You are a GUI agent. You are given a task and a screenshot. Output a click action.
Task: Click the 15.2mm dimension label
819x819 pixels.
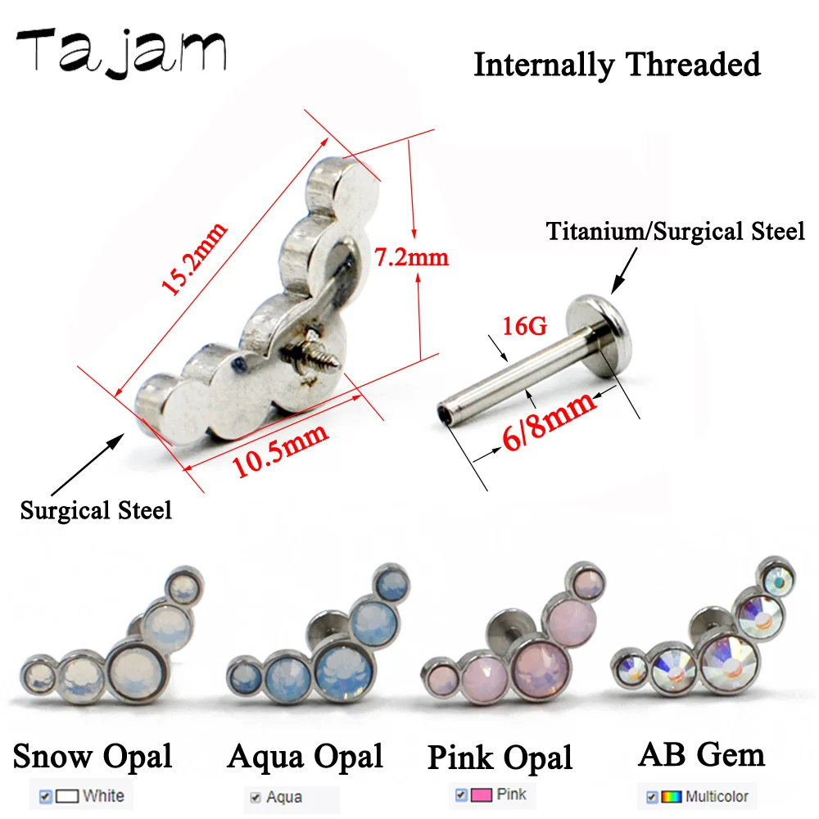tap(194, 258)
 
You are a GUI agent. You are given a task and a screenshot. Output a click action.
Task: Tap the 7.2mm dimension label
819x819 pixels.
tap(412, 257)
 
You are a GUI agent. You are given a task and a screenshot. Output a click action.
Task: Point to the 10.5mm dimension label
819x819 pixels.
tap(280, 450)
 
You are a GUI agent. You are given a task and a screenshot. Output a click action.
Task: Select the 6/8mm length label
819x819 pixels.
tap(549, 421)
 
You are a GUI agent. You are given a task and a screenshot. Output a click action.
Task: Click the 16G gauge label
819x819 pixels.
tap(524, 327)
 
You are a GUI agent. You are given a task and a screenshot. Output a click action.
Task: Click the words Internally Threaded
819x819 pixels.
tap(617, 65)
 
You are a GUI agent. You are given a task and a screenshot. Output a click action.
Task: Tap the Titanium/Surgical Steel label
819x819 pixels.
tap(676, 232)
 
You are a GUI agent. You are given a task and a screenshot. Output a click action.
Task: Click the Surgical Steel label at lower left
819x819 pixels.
tap(96, 510)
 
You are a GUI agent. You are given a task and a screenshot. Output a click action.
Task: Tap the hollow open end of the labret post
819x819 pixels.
tap(445, 414)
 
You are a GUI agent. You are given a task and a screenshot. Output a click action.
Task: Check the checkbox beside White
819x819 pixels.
tap(45, 797)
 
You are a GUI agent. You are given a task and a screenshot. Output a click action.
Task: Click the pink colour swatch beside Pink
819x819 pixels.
tap(481, 795)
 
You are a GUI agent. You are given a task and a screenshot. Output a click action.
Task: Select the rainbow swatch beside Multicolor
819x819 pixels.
tap(672, 797)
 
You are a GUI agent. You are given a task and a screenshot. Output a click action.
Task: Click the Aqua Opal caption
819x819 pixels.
tap(305, 756)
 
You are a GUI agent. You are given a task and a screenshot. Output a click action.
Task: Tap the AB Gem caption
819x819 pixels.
tap(702, 754)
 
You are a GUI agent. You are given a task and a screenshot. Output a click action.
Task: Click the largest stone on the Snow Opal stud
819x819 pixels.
tap(136, 673)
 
